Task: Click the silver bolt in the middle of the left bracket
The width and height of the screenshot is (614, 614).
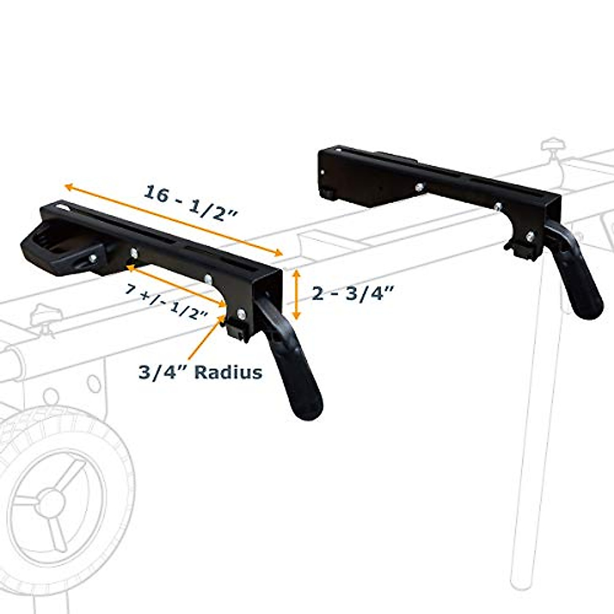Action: [208, 279]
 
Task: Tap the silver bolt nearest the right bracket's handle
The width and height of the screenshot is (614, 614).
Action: [529, 236]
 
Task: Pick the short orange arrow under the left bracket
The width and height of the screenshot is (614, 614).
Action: [177, 287]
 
